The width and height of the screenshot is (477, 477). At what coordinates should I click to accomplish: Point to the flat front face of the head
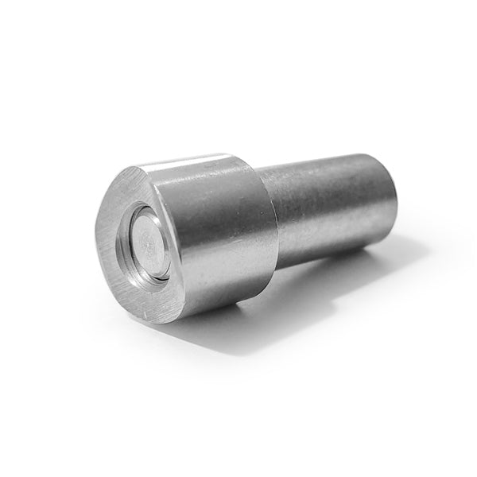click(x=119, y=270)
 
